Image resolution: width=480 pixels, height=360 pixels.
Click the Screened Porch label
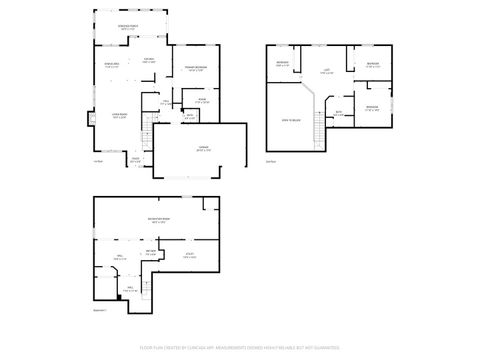click(x=128, y=28)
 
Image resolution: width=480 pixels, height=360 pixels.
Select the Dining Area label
click(x=112, y=66)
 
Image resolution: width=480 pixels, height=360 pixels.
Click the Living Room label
click(x=118, y=116)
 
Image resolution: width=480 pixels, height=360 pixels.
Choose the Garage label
click(x=204, y=148)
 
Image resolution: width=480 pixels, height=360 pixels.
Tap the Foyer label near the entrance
click(x=135, y=160)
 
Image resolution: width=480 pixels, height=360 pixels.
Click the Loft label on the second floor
click(x=326, y=71)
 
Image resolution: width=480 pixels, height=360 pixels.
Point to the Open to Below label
click(x=290, y=119)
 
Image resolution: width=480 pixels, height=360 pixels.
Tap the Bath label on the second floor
click(x=339, y=113)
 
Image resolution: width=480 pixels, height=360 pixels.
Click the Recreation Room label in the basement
click(x=158, y=221)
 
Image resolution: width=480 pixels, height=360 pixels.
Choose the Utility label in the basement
click(x=188, y=257)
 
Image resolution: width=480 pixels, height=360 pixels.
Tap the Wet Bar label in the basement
click(x=151, y=252)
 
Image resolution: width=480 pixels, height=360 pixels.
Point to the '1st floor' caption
click(x=98, y=162)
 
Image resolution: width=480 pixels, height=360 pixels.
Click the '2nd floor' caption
click(x=270, y=162)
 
